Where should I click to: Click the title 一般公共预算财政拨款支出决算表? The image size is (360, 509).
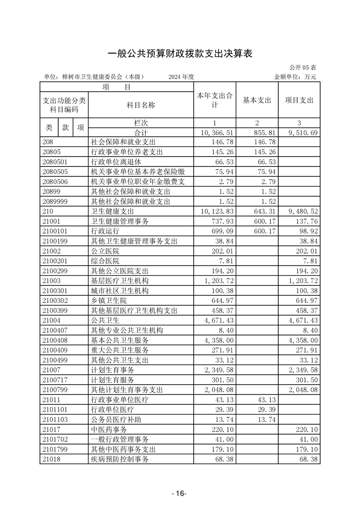tap(180, 54)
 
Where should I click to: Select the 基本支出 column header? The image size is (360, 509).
tap(257, 100)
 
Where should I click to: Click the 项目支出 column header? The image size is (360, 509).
tap(299, 100)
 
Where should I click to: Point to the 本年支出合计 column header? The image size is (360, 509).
tap(215, 100)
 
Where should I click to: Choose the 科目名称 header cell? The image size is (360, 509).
tap(141, 105)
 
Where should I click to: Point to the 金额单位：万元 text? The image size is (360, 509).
tap(295, 77)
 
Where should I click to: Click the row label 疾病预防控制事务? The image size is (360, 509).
tap(120, 459)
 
